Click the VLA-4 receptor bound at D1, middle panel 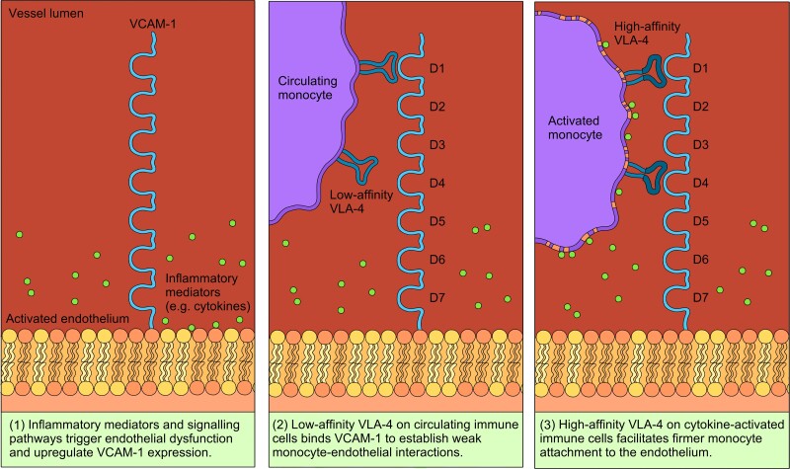click(375, 67)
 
